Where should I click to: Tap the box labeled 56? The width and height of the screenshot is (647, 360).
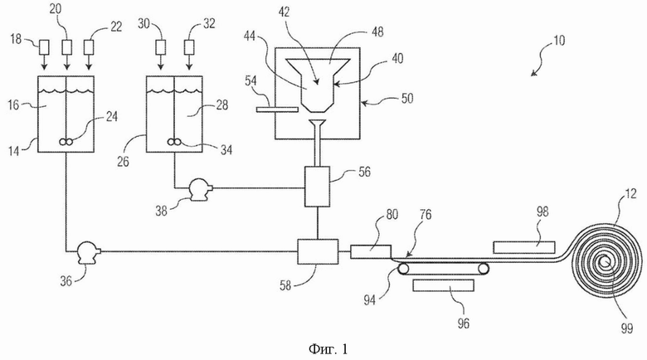[317, 186]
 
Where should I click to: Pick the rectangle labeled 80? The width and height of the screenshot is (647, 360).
[371, 252]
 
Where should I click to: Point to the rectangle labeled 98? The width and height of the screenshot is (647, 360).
[524, 247]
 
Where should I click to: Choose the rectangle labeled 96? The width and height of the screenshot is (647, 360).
[443, 285]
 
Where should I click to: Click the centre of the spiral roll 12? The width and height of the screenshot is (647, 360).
[606, 261]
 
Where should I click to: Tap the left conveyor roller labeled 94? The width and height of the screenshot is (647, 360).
[404, 270]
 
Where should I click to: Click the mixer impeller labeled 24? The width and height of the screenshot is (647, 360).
[67, 142]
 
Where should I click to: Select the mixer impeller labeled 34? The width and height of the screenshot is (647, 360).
[174, 142]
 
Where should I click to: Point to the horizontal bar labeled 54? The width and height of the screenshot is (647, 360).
[277, 109]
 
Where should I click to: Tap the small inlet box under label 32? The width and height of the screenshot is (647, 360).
[189, 47]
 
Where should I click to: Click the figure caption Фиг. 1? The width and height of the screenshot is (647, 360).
[328, 350]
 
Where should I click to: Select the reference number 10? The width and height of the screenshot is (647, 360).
[558, 41]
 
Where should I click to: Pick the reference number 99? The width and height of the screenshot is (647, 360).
[627, 328]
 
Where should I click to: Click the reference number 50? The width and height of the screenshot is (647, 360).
[406, 99]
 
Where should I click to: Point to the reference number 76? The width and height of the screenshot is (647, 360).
[425, 214]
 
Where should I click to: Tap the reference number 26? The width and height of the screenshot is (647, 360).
[123, 162]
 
